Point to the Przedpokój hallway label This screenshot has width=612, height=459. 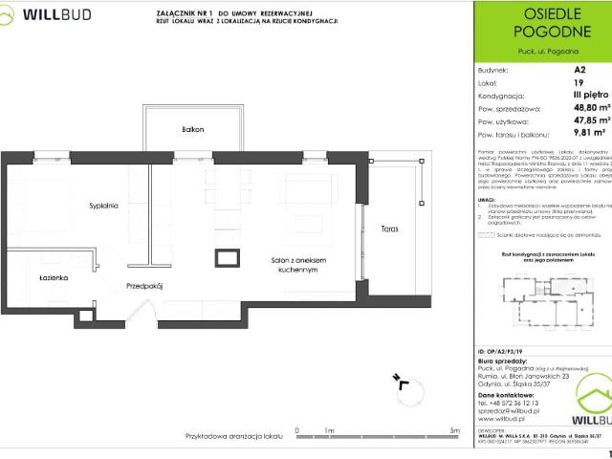[x=144, y=286]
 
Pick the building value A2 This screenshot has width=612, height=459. [x=579, y=70]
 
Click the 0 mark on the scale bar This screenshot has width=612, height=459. [x=297, y=432]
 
